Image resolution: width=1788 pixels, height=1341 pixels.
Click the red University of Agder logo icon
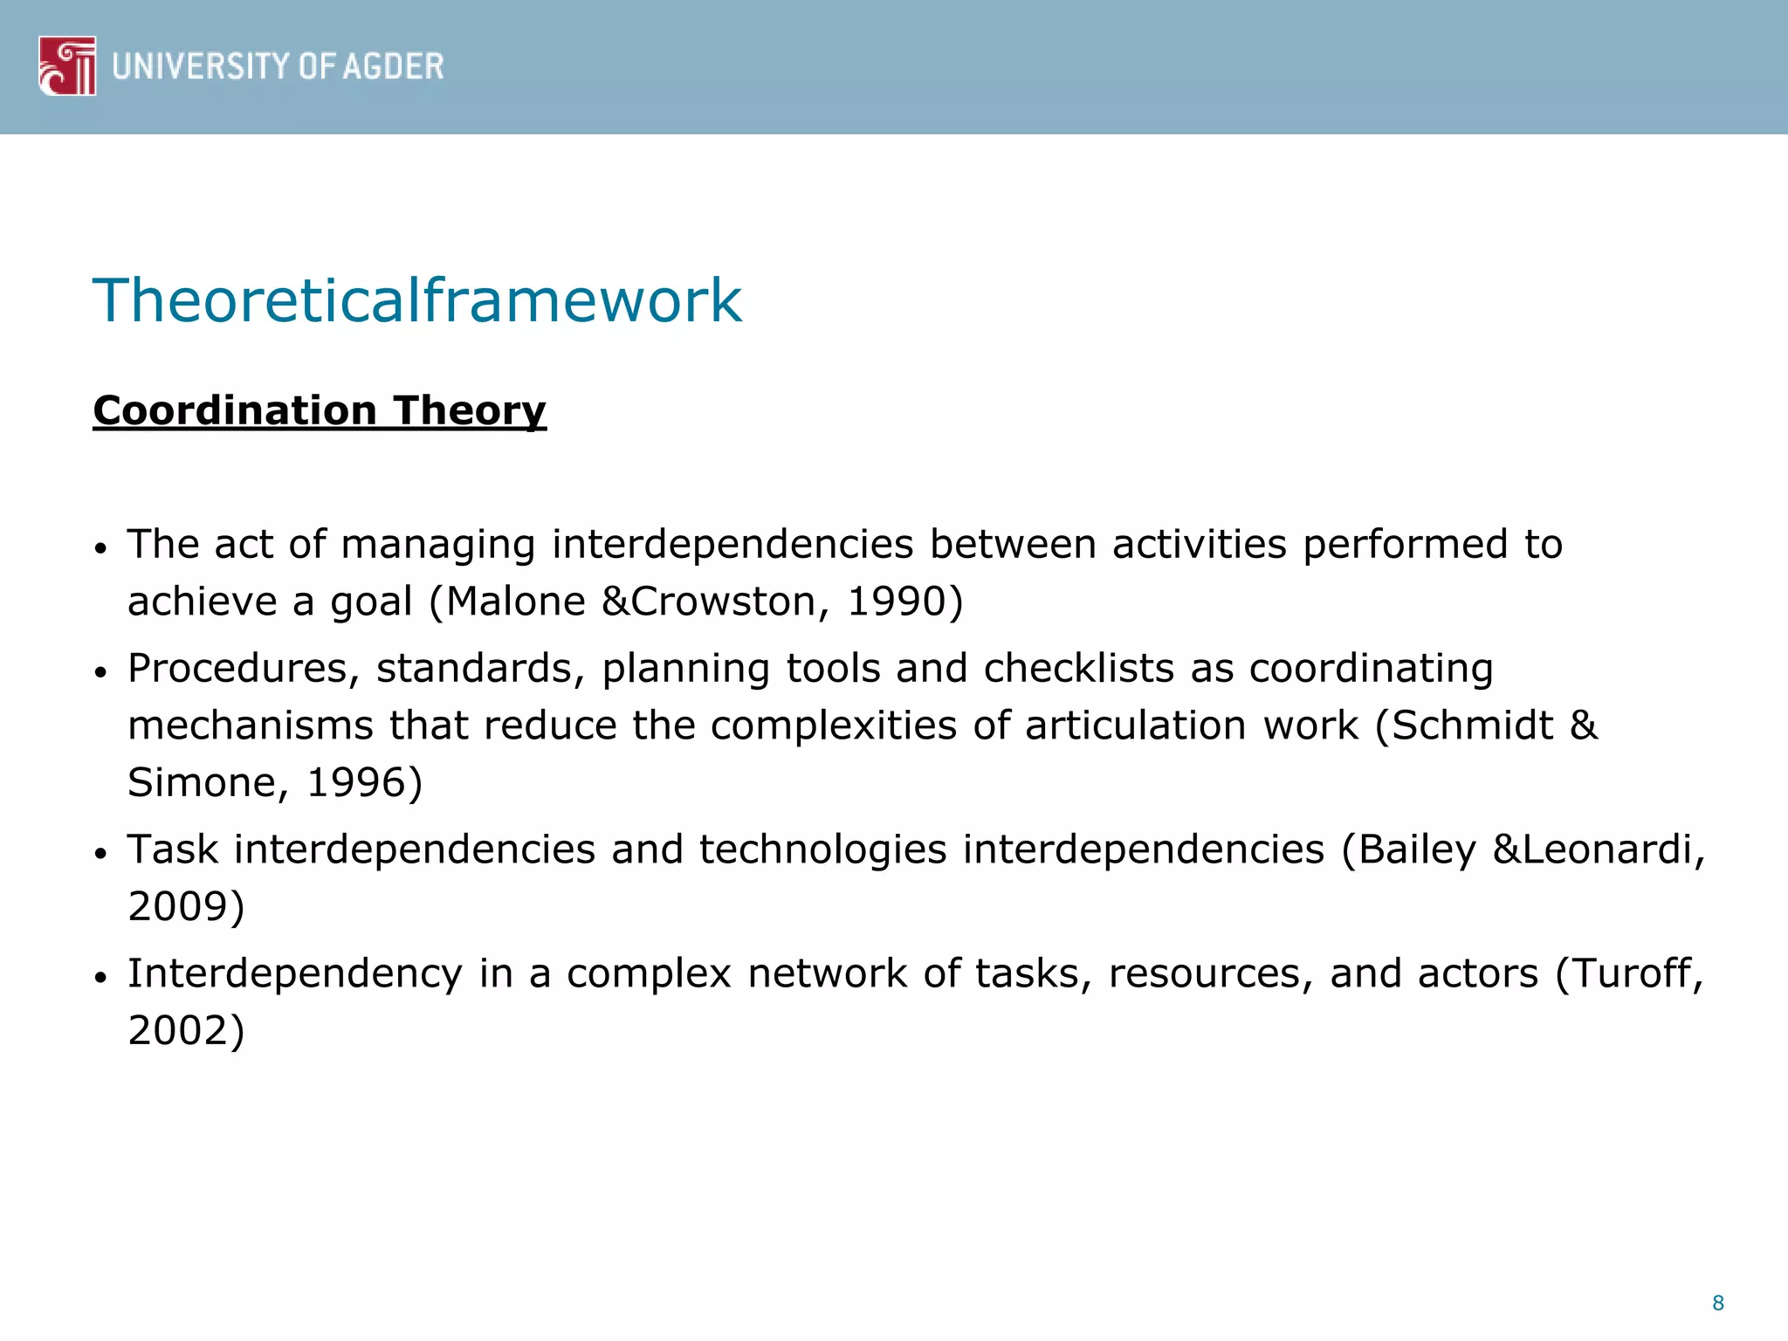(x=67, y=65)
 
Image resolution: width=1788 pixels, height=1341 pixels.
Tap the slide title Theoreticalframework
(x=417, y=300)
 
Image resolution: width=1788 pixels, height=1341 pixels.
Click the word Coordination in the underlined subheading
(x=235, y=410)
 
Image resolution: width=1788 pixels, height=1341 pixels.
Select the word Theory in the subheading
(x=469, y=410)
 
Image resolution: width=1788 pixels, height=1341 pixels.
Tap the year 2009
(x=179, y=906)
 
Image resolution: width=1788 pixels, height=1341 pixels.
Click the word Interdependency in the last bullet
(x=295, y=974)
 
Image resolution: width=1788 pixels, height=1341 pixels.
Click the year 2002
(x=179, y=1031)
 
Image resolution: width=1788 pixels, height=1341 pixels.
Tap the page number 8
(x=1717, y=1303)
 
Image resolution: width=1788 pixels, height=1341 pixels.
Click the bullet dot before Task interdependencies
(x=101, y=852)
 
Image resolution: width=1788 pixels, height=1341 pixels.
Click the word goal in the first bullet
(x=371, y=602)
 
